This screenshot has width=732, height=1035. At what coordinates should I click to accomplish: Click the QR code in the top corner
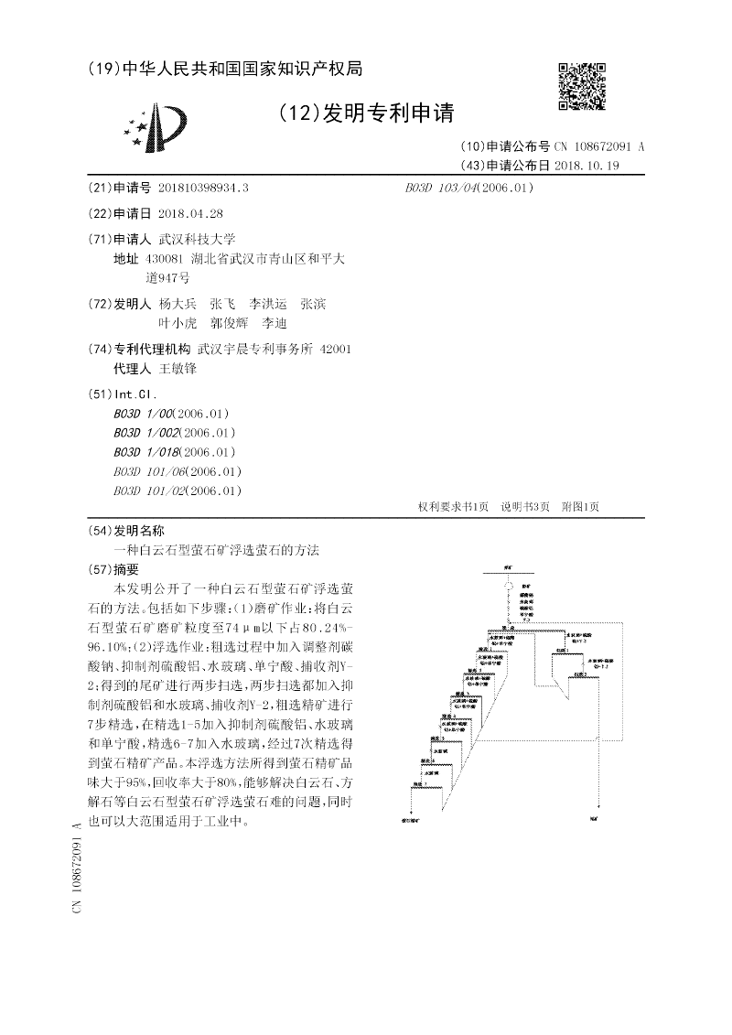pyautogui.click(x=582, y=87)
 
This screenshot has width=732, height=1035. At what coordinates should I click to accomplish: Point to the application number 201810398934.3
pyautogui.click(x=203, y=188)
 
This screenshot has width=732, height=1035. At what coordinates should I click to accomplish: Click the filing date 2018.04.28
pyautogui.click(x=190, y=213)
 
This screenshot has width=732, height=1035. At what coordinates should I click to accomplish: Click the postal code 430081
pyautogui.click(x=165, y=259)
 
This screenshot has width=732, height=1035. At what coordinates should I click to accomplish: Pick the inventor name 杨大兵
pyautogui.click(x=178, y=304)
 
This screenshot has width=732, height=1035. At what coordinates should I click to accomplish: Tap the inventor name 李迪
pyautogui.click(x=274, y=323)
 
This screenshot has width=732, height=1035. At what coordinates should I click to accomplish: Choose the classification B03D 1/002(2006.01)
pyautogui.click(x=163, y=432)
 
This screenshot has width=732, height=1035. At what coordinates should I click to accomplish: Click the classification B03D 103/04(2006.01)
pyautogui.click(x=468, y=188)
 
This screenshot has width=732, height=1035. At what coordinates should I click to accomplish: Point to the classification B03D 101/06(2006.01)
pyautogui.click(x=178, y=471)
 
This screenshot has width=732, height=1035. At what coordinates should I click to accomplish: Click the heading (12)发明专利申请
pyautogui.click(x=365, y=113)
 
